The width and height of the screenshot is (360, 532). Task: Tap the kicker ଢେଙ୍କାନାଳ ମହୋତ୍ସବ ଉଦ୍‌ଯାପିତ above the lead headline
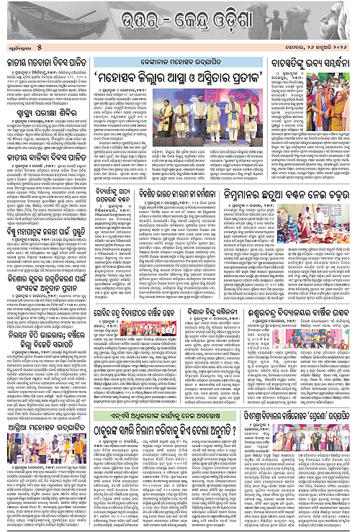coord(179,40)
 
